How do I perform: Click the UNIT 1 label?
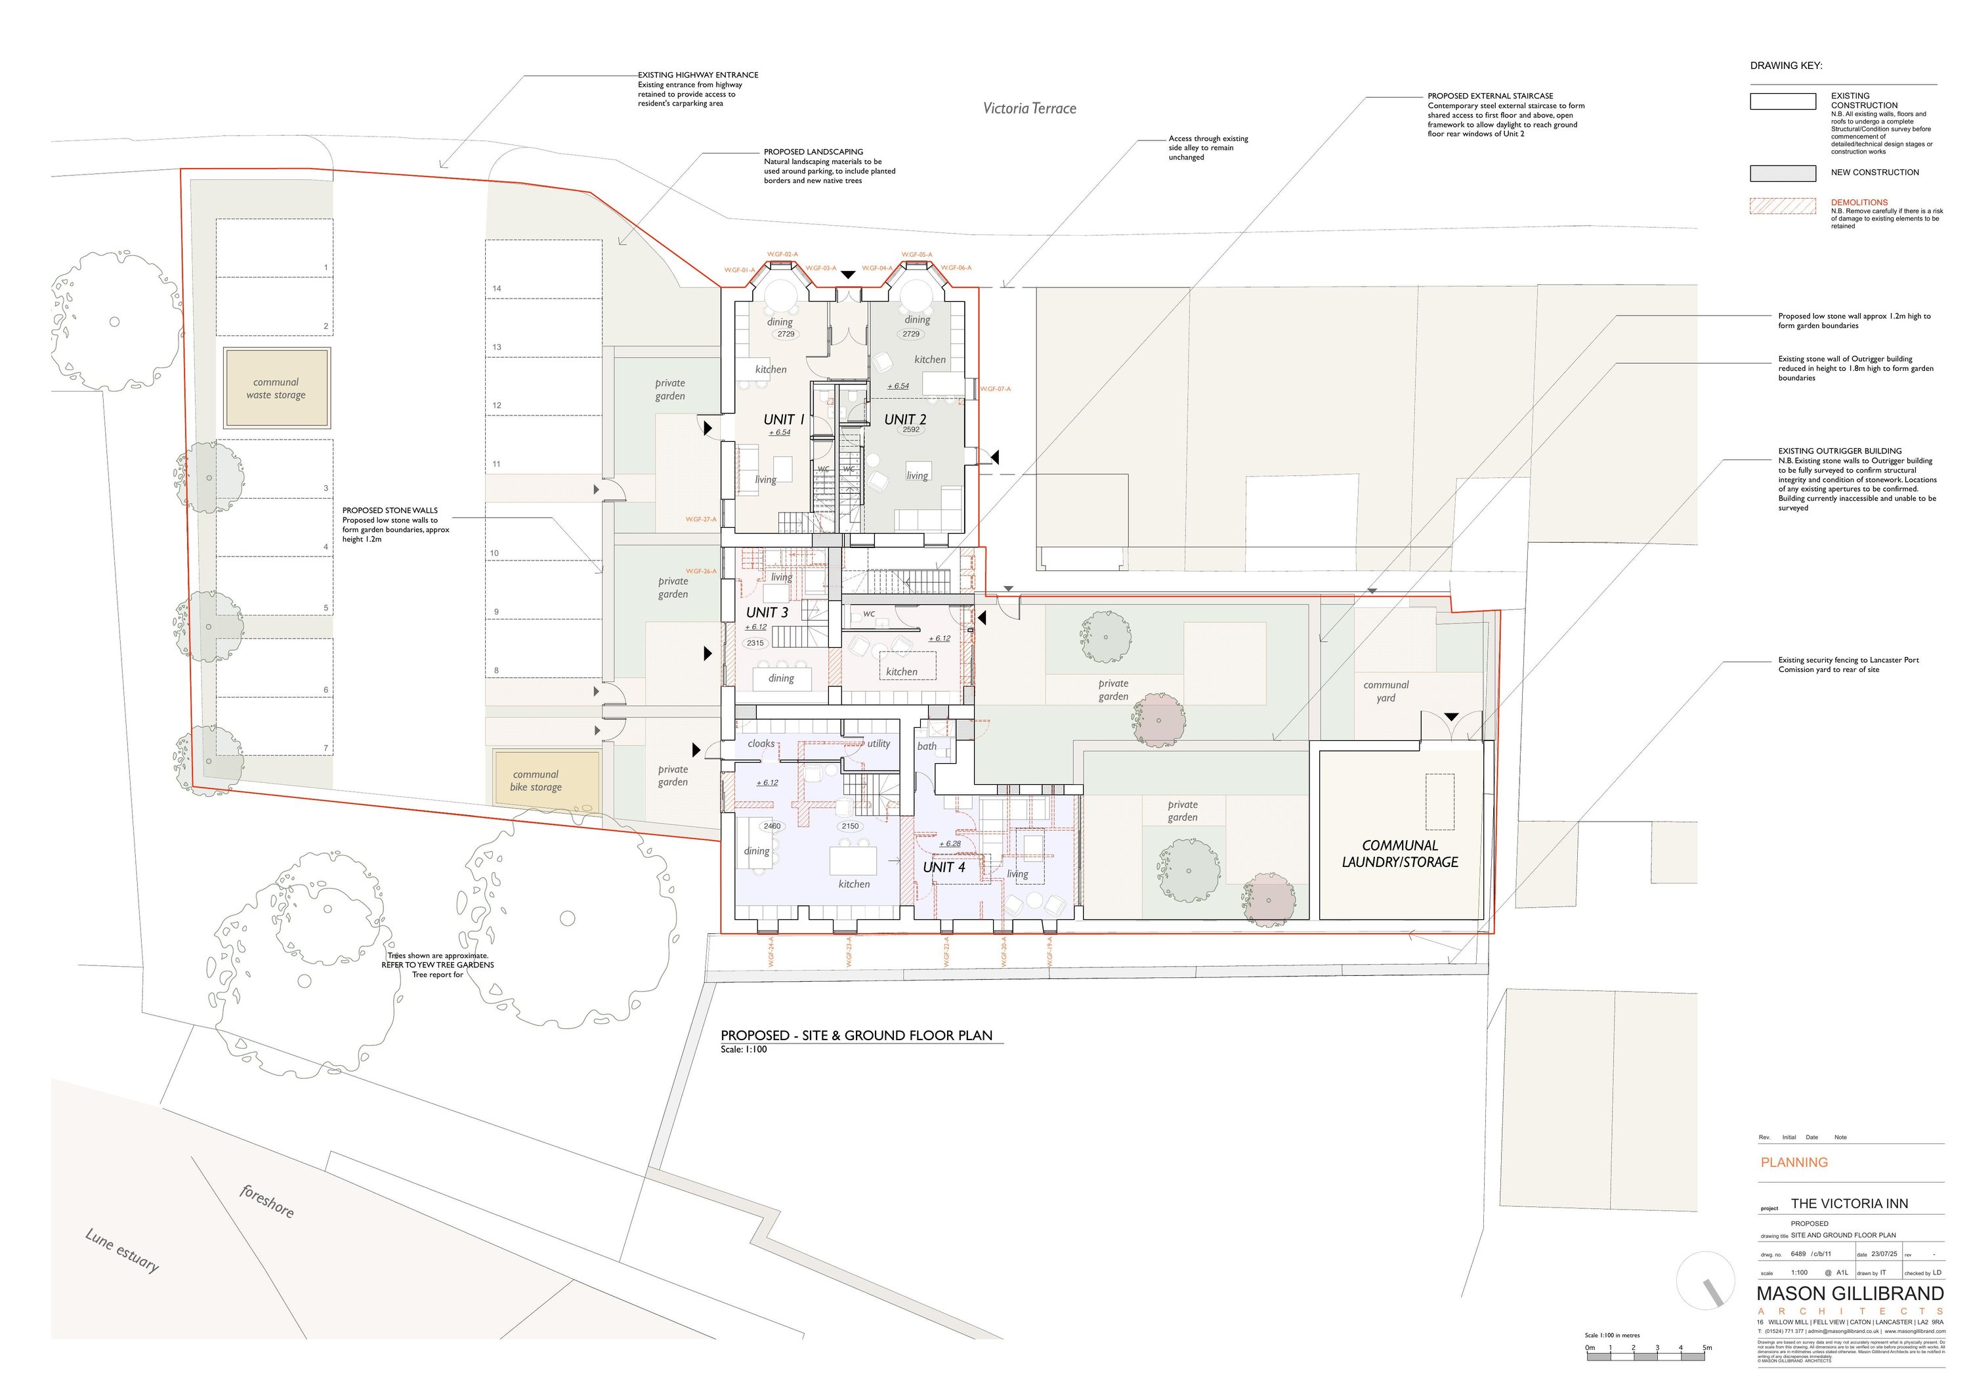[x=784, y=419]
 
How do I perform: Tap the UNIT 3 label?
[x=767, y=612]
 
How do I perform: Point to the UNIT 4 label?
[x=944, y=867]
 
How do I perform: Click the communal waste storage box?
[x=276, y=389]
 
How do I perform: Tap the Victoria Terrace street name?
[x=1029, y=108]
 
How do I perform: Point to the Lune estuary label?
[x=122, y=1250]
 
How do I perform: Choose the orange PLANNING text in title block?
[x=1794, y=1163]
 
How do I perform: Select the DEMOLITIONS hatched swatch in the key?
[x=1782, y=206]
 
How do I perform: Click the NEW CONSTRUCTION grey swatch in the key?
[x=1782, y=173]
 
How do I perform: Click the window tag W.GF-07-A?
[x=995, y=389]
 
